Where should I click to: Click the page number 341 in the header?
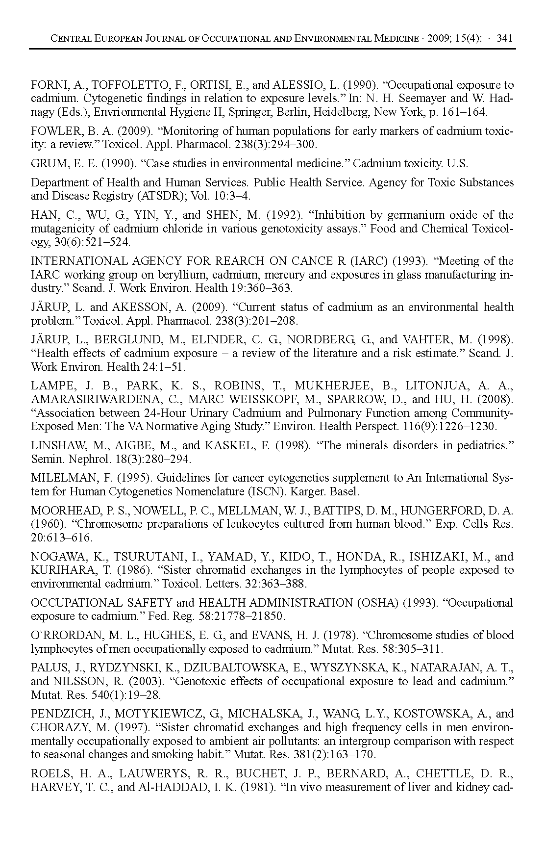coord(504,38)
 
